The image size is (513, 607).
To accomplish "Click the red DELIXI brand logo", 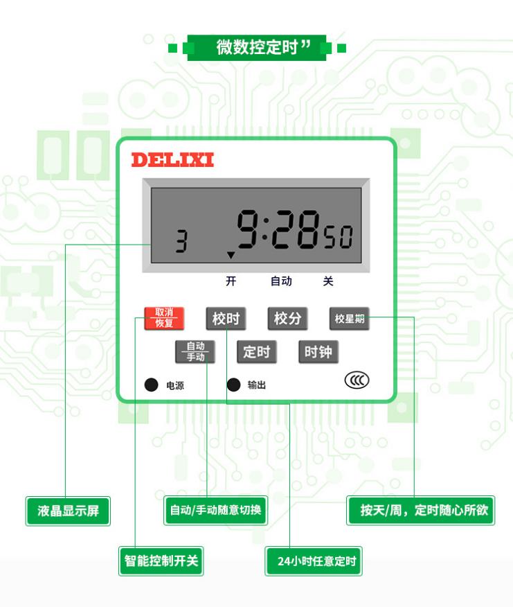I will coord(172,160).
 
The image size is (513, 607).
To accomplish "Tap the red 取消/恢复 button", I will coord(164,318).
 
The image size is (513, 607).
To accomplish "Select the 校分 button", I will coord(287,319).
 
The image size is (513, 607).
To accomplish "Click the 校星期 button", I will coord(349,319).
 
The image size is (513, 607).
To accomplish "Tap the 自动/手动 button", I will coord(195,352).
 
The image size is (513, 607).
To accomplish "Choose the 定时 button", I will coord(256,352).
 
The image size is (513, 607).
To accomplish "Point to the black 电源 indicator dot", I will coord(151,385).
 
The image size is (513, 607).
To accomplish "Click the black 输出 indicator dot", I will coord(234,385).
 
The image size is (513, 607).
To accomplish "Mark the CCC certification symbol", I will coord(357,380).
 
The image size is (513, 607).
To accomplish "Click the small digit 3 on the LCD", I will coord(181,242).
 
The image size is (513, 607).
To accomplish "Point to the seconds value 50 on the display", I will coord(339,238).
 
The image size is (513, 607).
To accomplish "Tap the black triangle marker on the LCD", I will coord(231,255).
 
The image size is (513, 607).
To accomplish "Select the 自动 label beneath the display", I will coord(281,281).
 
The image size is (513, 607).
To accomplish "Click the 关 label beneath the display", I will coord(328,281).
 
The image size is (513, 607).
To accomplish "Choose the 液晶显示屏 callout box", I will coord(68,511).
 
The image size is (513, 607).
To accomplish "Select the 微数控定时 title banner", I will coord(258,48).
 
